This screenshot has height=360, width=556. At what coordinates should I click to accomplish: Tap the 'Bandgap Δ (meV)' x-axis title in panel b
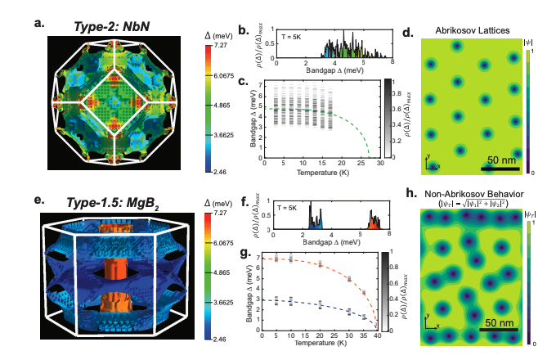(333, 70)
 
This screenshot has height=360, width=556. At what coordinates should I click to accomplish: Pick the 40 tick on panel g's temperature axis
(375, 335)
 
